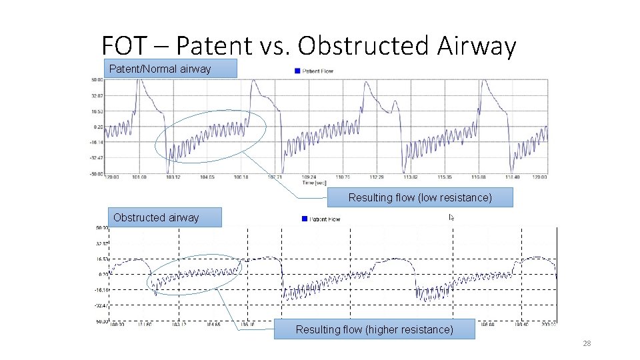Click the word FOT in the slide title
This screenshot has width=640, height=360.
pos(124,46)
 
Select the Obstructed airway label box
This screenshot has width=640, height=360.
pos(164,217)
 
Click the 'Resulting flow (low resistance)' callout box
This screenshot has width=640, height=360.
pos(419,197)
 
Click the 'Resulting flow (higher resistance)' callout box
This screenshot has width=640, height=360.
pos(374,329)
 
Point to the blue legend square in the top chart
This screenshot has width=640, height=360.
pos(297,71)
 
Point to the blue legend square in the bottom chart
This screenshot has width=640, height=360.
pos(304,219)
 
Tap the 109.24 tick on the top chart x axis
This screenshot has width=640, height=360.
pos(309,177)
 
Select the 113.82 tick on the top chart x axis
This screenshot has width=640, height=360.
pos(411,177)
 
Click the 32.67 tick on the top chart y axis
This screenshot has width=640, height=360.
pos(97,95)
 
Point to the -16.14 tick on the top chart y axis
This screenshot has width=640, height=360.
pos(97,142)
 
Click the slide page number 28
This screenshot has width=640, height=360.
pos(587,344)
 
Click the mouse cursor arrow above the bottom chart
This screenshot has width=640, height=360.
pos(451,217)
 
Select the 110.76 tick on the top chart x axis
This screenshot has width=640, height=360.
pos(343,177)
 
